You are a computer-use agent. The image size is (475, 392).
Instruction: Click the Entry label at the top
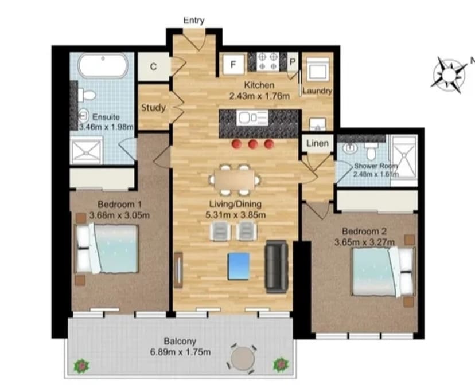click(x=193, y=21)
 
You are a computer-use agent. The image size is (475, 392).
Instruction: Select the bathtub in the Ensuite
click(x=102, y=66)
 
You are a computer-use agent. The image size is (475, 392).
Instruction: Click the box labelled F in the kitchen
click(x=233, y=64)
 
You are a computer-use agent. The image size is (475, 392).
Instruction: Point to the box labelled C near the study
click(x=153, y=67)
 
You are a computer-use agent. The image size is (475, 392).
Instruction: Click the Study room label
click(x=153, y=107)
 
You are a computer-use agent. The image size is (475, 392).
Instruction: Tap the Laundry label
click(x=317, y=91)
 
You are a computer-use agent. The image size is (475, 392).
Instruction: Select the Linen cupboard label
click(x=317, y=143)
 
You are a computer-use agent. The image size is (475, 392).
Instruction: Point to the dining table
click(x=232, y=179)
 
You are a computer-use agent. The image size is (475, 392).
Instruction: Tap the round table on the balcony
click(x=240, y=359)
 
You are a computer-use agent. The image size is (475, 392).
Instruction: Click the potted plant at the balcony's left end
click(x=81, y=364)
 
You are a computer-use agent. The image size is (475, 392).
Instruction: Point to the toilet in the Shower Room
click(x=371, y=151)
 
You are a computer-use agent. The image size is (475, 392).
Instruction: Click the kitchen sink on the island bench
click(x=252, y=118)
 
